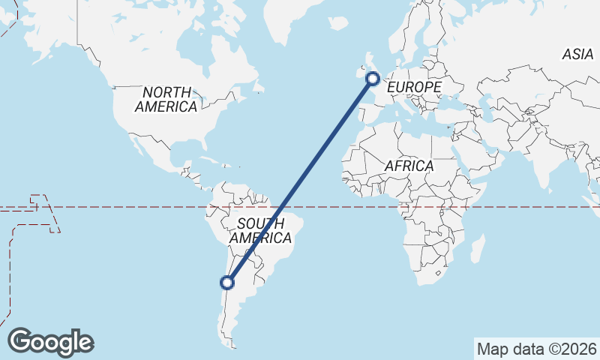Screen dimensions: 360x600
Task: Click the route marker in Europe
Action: [x=372, y=78]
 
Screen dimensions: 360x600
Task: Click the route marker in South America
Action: [x=227, y=283]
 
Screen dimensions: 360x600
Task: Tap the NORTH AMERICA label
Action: [x=166, y=99]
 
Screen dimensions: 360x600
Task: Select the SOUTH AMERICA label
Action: [x=260, y=231]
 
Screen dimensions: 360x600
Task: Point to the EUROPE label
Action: [x=414, y=88]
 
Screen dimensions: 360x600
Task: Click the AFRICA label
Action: [x=409, y=166]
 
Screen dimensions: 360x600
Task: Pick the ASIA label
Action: [x=578, y=54]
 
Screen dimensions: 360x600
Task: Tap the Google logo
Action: [x=51, y=342]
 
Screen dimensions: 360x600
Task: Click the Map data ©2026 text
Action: [x=537, y=349]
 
